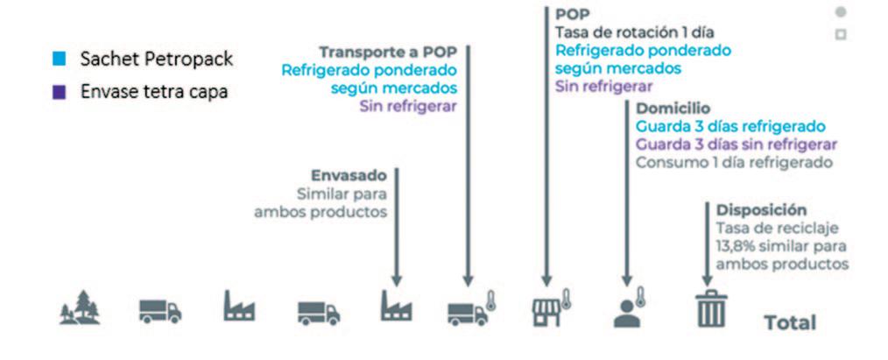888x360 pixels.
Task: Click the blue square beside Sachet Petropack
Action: [58, 60]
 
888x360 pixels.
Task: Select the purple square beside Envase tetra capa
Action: [58, 91]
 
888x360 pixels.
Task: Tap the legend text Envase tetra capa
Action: [154, 91]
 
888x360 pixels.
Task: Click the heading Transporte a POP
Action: [387, 51]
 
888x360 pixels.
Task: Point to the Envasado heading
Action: [349, 174]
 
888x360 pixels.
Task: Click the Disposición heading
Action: [761, 210]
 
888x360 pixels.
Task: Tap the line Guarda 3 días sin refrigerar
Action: [736, 145]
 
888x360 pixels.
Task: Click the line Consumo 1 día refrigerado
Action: [735, 163]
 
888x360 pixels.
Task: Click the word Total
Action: [790, 322]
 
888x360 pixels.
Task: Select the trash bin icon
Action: [710, 310]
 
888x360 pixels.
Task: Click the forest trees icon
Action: [80, 310]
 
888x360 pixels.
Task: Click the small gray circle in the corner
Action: [841, 12]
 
